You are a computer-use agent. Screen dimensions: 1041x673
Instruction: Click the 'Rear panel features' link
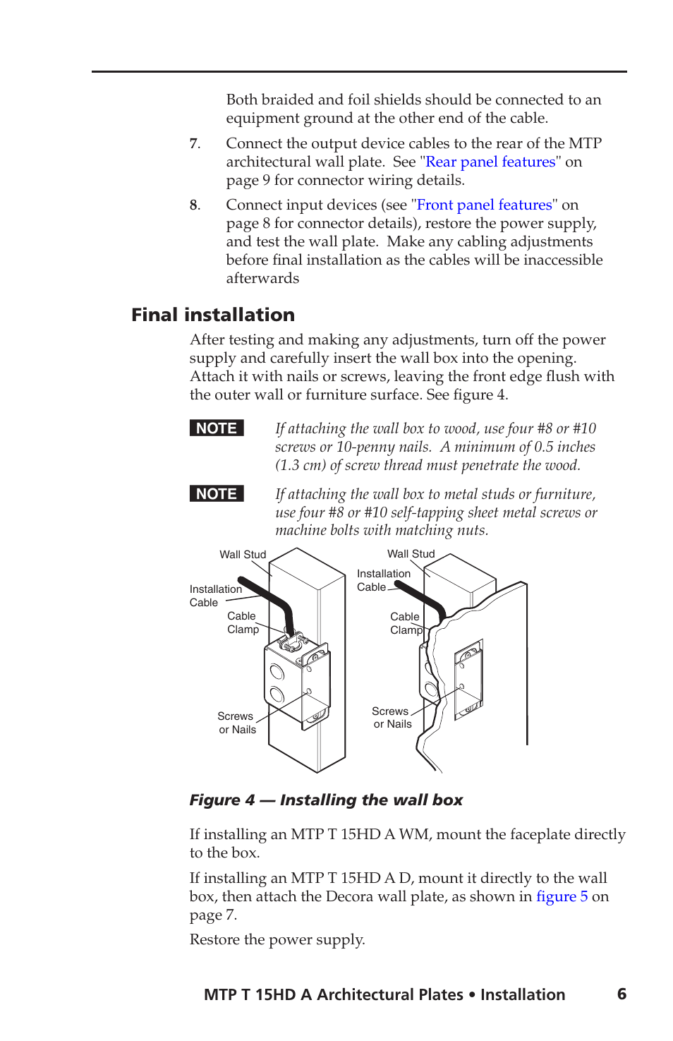pos(490,162)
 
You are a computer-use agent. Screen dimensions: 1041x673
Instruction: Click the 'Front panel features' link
pos(484,205)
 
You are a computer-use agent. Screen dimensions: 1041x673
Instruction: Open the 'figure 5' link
pos(562,896)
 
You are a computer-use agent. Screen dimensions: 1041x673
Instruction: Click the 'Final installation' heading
pos(213,315)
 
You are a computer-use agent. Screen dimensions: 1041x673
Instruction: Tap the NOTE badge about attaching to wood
pos(217,428)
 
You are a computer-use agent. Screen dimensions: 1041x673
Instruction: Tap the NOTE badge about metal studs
pos(217,494)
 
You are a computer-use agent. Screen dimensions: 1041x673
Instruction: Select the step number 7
pos(194,143)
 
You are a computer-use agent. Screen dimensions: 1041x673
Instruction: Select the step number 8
pos(194,205)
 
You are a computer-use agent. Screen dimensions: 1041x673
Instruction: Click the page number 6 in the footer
pos(622,994)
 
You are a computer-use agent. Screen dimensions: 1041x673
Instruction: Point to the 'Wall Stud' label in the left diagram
pos(243,555)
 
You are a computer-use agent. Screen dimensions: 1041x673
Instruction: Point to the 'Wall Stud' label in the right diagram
pos(411,554)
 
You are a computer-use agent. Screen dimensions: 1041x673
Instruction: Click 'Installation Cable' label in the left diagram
pos(215,596)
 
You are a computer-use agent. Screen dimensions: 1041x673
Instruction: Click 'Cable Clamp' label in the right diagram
pos(406,623)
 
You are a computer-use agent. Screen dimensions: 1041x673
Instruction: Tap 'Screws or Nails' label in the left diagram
pos(236,723)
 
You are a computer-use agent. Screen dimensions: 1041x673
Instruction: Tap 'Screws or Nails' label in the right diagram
pos(392,717)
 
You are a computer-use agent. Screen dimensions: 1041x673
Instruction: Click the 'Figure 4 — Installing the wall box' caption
pos(326,800)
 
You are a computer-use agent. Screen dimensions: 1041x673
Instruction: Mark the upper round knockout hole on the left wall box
pos(277,670)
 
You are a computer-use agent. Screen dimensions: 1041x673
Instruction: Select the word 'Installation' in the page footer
pos(523,994)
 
